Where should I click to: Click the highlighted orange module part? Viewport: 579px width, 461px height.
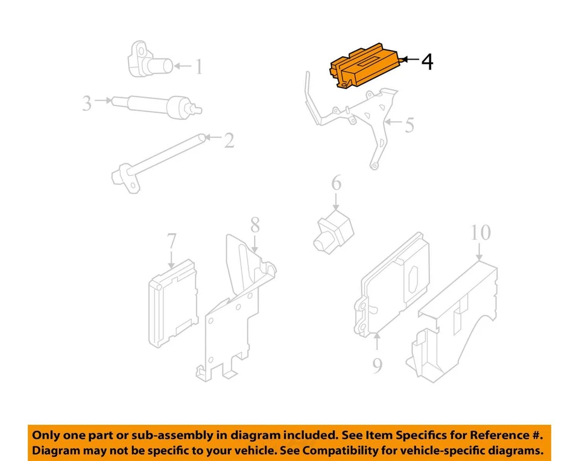(364, 66)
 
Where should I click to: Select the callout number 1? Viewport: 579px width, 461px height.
(198, 66)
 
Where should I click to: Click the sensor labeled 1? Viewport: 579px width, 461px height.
(147, 61)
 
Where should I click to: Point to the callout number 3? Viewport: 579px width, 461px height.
(87, 103)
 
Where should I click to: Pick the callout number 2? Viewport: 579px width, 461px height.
(229, 140)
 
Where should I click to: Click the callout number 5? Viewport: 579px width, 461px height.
(410, 125)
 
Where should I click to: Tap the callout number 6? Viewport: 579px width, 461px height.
(336, 183)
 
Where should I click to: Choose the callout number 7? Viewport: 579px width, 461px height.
(171, 242)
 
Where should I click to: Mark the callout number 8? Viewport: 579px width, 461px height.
(255, 226)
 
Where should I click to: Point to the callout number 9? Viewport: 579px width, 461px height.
(377, 365)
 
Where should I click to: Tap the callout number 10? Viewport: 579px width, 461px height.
(480, 232)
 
